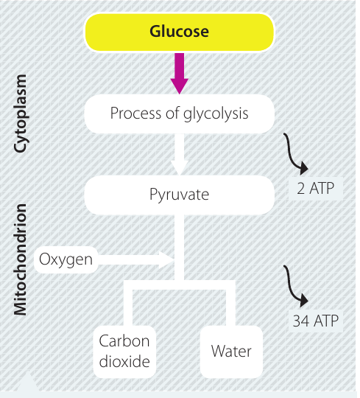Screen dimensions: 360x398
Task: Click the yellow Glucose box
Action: [x=179, y=32]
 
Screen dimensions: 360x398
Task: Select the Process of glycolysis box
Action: [x=179, y=114]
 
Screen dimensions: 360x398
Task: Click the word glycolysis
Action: [x=216, y=114]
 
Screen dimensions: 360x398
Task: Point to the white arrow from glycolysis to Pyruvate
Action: [x=179, y=154]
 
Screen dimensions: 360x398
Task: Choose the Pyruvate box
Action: [x=179, y=195]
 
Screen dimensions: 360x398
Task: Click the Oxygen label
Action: [x=66, y=259]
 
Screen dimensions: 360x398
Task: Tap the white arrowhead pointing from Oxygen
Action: [x=166, y=259]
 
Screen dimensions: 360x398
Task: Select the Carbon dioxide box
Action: [x=124, y=352]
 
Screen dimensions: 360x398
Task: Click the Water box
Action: [x=231, y=352]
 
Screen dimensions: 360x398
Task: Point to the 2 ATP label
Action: [x=316, y=189]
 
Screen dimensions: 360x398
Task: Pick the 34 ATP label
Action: [x=316, y=321]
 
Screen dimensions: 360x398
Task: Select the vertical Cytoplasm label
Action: [x=21, y=114]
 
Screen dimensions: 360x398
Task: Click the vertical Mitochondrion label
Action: [x=20, y=259]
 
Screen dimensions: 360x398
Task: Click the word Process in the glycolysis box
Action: [x=136, y=113]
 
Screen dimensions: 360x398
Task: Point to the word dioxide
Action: [x=124, y=361]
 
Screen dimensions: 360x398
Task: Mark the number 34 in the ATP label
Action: [x=301, y=321]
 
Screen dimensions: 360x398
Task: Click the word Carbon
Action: [x=124, y=341]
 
